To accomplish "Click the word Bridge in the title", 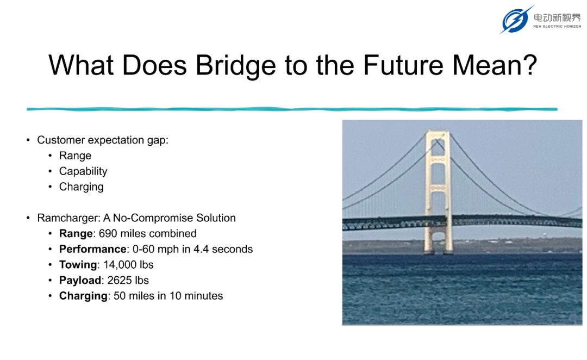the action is tap(235, 66).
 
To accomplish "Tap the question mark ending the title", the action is tap(530, 64).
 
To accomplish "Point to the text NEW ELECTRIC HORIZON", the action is tap(557, 27).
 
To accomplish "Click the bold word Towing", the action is tap(78, 265).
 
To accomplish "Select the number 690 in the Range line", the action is tap(108, 233).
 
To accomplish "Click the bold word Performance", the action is tap(92, 249).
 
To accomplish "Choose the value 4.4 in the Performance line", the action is tap(201, 249).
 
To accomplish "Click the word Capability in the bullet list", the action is tap(83, 171).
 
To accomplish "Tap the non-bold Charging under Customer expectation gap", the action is tap(81, 187).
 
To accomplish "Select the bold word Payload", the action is tap(80, 280).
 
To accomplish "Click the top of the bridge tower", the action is tap(437, 132).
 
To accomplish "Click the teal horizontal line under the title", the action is tap(292, 109).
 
